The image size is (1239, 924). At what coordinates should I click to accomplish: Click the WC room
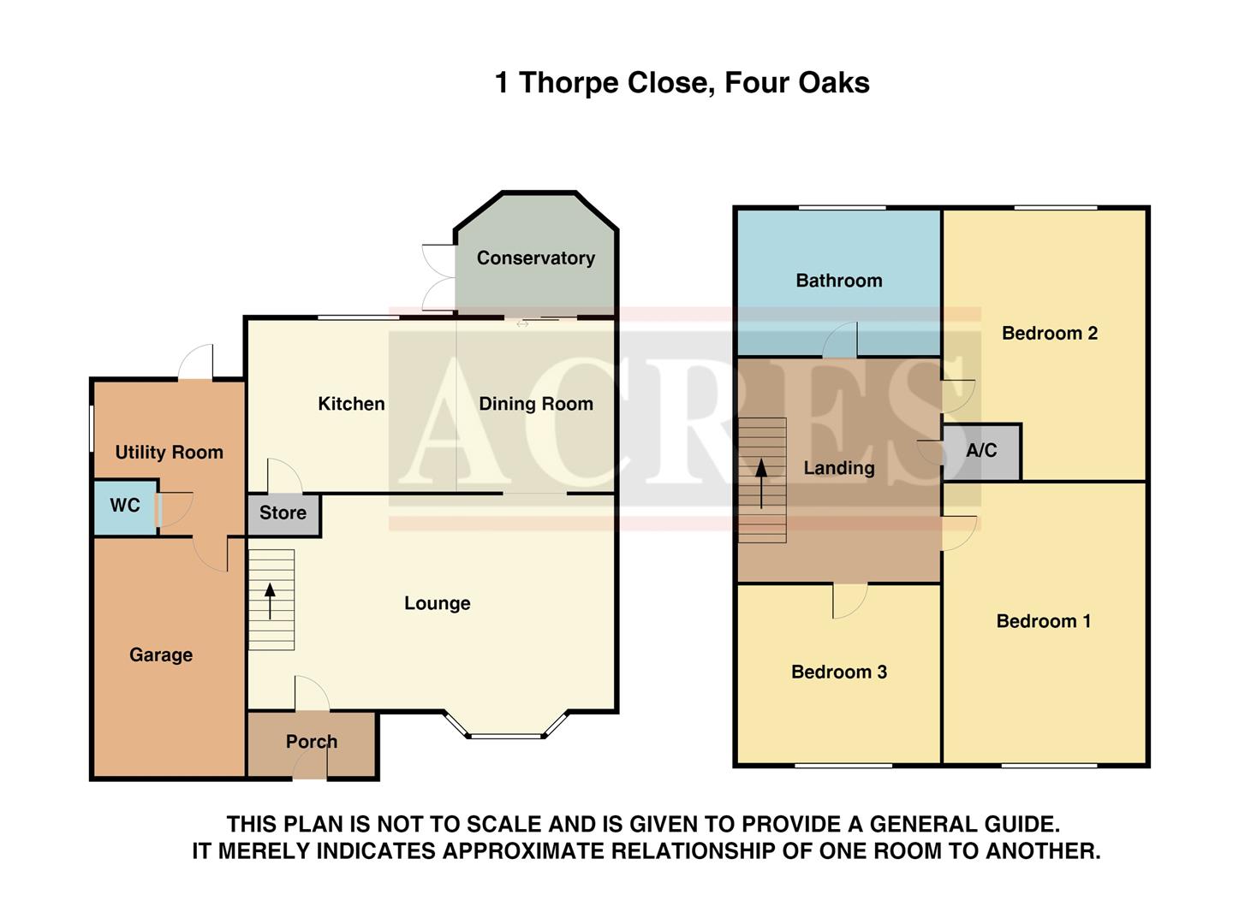coord(125,506)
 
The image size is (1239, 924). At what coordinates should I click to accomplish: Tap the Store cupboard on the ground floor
coord(283,513)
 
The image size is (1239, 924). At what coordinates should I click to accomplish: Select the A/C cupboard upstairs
coord(981,451)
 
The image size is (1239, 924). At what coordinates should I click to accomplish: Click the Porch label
coord(312,742)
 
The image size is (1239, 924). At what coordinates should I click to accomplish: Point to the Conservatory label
coord(535,258)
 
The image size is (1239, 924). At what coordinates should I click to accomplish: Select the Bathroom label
coord(838,281)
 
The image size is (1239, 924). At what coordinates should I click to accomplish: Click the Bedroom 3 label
coord(838,672)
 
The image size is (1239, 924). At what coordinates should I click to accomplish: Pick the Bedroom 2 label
coord(1049,334)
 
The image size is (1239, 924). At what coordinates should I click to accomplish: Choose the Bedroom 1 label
coord(1043,621)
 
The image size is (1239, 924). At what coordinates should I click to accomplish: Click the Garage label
coord(161,655)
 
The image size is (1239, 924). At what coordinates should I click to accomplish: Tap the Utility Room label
coord(169,453)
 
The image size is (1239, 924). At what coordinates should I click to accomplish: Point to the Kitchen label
coord(351,404)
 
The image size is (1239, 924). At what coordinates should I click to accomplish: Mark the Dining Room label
coord(535,404)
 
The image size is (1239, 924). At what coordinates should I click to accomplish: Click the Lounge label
coord(437,604)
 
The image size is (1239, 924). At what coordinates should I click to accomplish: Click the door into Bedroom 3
coord(849,599)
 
